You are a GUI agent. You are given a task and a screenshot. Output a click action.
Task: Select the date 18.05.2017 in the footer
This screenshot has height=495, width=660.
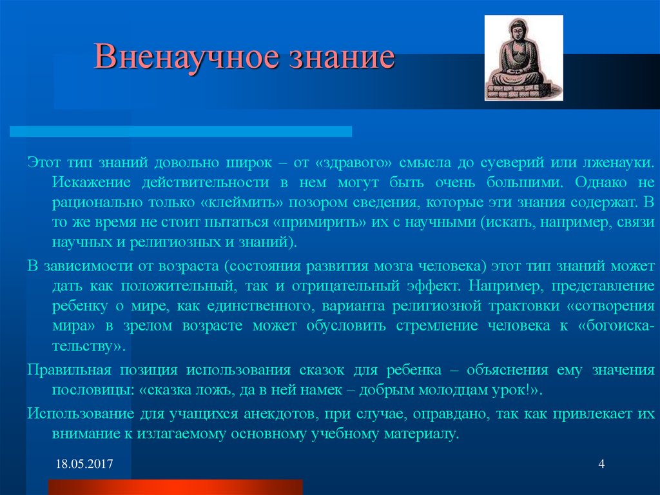84,464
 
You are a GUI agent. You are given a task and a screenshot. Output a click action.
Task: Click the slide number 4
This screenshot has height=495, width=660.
601,464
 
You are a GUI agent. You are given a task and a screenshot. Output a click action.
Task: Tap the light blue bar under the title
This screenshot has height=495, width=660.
180,131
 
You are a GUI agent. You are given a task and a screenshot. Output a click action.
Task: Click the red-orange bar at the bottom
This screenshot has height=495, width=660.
175,487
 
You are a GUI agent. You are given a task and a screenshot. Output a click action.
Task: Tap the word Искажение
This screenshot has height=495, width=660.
91,183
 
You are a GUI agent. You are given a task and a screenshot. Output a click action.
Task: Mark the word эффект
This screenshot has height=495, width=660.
434,287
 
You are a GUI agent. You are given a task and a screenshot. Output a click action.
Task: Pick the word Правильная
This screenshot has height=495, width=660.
70,370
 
